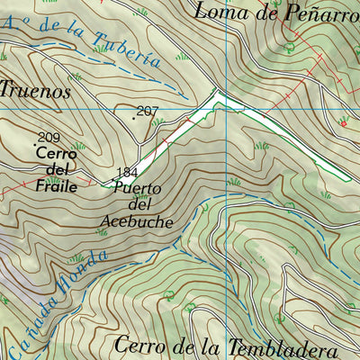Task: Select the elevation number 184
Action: [127, 173]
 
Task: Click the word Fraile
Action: [56, 186]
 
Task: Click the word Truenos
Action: [34, 90]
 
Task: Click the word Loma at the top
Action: [220, 12]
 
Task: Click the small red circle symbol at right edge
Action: [343, 123]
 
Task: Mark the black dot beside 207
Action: [134, 114]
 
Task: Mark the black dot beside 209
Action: [36, 143]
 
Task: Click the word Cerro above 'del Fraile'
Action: [57, 154]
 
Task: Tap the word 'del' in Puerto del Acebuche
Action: [137, 205]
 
